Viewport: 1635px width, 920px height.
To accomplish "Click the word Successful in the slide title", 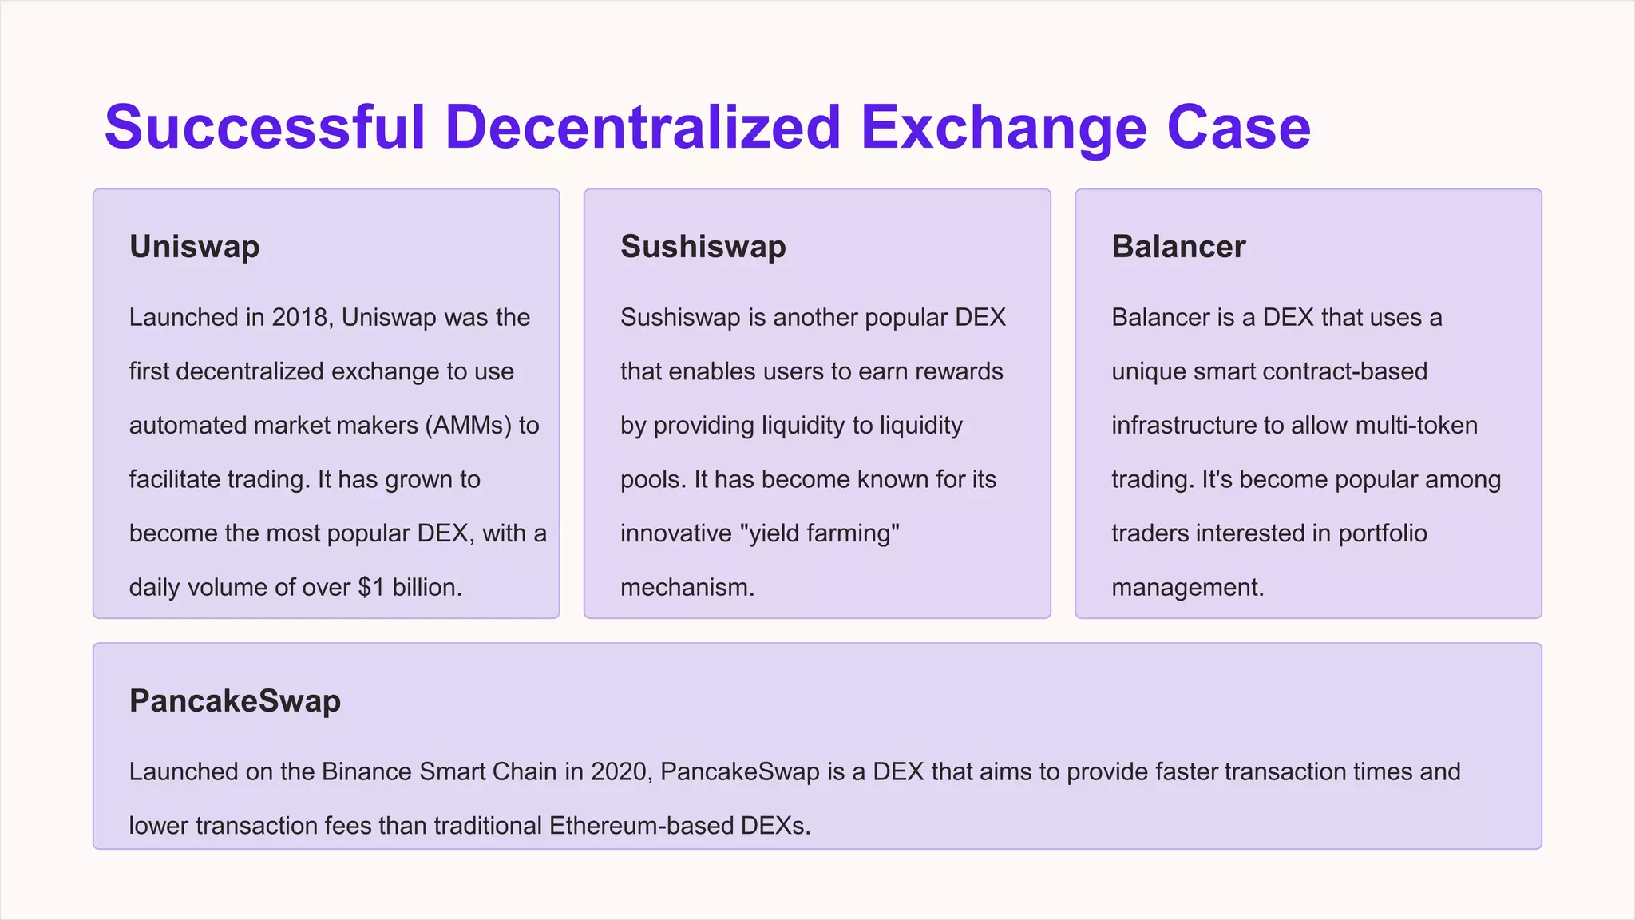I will (264, 127).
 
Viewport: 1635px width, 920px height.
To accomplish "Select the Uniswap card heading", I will (194, 247).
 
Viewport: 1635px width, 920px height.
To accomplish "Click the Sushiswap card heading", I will (703, 247).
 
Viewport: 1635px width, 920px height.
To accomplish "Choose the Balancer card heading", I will (1178, 247).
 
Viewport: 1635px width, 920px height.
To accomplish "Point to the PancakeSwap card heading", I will (235, 701).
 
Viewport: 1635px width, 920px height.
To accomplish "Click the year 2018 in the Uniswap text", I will (299, 318).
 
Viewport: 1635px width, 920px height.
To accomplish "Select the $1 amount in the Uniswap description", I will (371, 588).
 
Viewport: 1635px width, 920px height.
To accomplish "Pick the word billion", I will (427, 588).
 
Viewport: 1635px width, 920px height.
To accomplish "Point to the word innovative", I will (675, 533).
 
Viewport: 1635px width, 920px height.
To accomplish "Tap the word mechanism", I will (687, 588).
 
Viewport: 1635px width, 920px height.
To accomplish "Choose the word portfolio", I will (1383, 533).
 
